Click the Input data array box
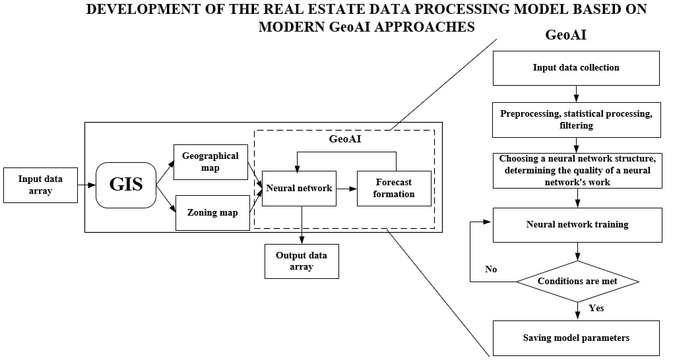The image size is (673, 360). coord(40,185)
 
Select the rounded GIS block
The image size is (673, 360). coord(125,185)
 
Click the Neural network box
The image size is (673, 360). coord(299,188)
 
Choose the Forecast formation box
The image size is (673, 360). coord(394,189)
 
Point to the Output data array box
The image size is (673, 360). coord(302,261)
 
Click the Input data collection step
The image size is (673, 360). coord(576,68)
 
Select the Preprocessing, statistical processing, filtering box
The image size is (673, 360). coord(576,119)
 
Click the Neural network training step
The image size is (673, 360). coord(577,225)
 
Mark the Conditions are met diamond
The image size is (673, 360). coord(577,282)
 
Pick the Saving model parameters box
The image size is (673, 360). coord(576,338)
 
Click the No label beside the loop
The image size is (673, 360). coord(491,269)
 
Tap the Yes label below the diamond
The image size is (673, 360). coord(596,308)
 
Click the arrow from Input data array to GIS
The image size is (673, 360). coord(86,185)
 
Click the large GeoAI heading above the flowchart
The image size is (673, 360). coord(566,35)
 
